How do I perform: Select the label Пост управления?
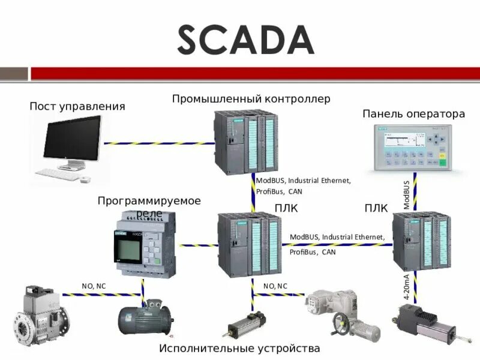pos(77,106)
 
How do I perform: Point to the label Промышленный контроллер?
pos(251,98)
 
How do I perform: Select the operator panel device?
pos(411,148)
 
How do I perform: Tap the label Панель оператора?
pos(413,113)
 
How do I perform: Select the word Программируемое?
pos(149,200)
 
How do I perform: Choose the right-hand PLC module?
pos(421,241)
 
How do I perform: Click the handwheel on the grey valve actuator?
pos(340,325)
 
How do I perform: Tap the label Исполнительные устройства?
pos(239,348)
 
